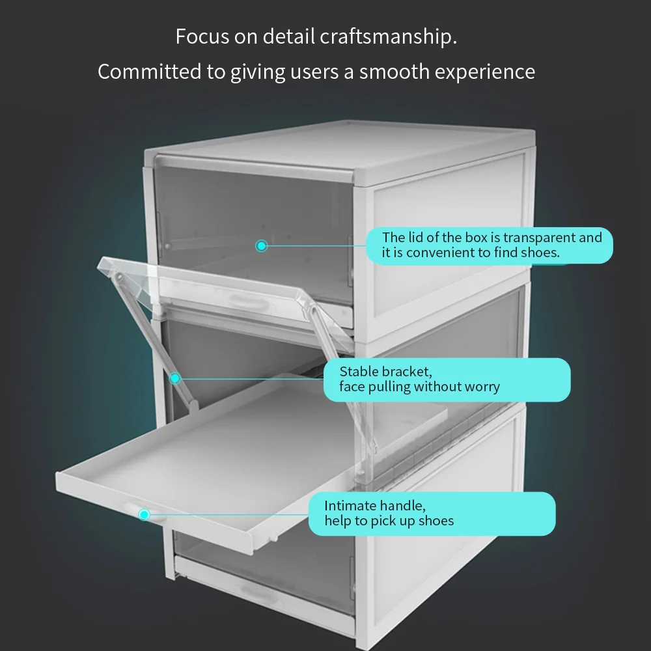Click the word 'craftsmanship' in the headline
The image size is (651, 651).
[388, 36]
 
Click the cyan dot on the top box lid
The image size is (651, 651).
[262, 245]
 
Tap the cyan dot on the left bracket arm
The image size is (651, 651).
[174, 378]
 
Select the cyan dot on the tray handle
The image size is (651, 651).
[144, 514]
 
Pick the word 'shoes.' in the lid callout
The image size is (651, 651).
[540, 253]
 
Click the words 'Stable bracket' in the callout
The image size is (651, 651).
[385, 372]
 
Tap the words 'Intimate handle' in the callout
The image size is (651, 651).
[375, 505]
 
